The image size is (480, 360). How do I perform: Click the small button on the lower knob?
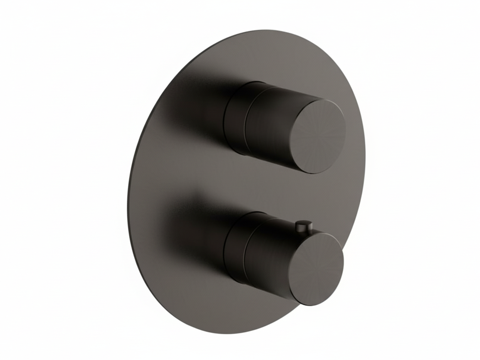point(303,226)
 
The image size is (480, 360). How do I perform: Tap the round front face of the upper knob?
point(319,136)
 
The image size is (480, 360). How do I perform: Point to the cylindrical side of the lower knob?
point(270,255)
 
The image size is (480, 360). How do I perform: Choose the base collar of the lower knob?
point(235,247)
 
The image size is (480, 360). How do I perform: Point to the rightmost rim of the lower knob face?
point(343,262)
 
